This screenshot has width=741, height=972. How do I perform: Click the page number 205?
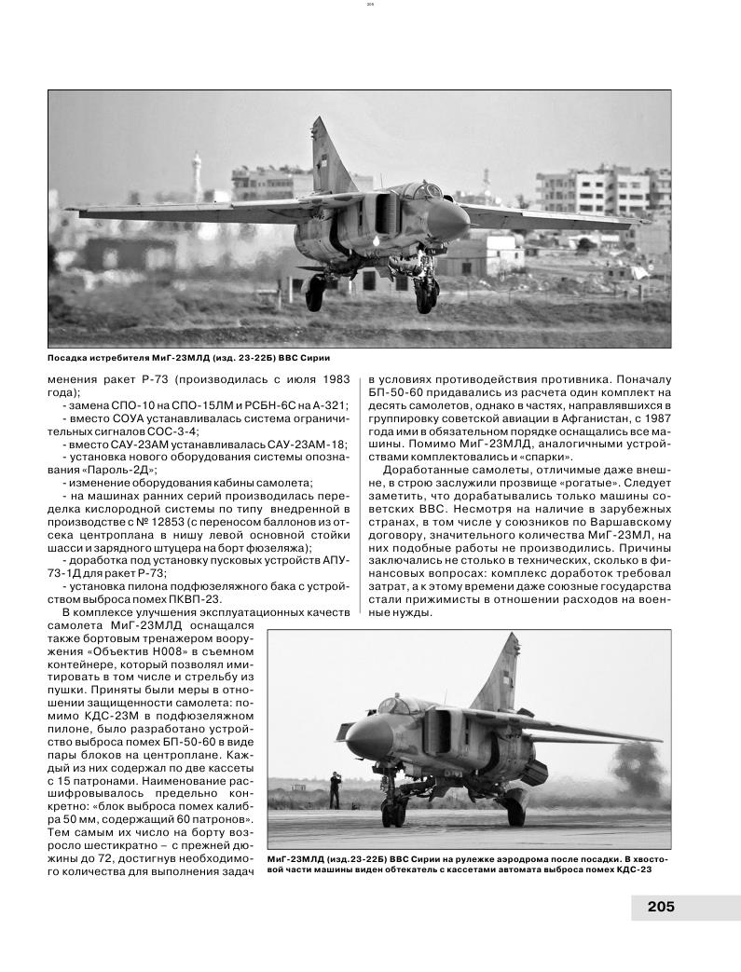point(660,906)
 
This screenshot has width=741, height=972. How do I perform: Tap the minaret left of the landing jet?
point(197,173)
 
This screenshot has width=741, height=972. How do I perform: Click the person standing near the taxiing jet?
point(336,790)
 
